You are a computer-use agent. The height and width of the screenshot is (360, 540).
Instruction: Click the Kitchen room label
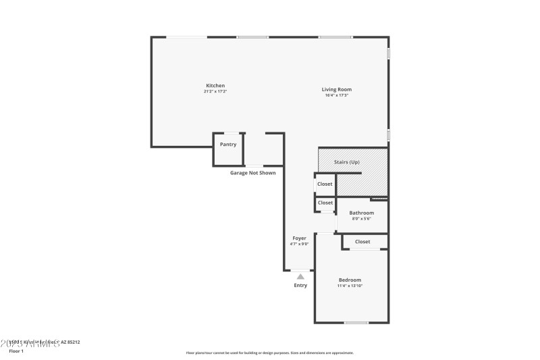(215, 86)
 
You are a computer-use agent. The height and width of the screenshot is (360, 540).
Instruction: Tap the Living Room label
(336, 89)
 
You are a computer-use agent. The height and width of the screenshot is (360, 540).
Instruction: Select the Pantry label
(228, 144)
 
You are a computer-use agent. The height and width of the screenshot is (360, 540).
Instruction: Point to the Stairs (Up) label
(347, 163)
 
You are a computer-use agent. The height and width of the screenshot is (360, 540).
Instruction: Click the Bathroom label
(361, 213)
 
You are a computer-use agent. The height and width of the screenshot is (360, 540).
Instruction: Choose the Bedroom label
(350, 280)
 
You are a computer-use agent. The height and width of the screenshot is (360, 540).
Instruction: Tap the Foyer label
(299, 238)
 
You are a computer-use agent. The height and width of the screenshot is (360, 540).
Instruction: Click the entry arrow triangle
(300, 276)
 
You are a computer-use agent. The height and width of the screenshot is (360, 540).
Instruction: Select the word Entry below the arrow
(300, 285)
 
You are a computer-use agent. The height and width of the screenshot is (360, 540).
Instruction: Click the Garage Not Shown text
(252, 173)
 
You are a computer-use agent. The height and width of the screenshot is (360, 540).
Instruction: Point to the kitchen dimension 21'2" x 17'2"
(215, 91)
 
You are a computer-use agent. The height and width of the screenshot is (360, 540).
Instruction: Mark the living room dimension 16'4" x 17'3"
(336, 95)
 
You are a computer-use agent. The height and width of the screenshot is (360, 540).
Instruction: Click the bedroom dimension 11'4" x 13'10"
(350, 286)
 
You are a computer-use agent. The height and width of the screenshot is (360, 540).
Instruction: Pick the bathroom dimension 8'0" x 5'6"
(361, 219)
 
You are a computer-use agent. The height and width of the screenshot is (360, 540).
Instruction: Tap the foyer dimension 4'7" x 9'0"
(299, 244)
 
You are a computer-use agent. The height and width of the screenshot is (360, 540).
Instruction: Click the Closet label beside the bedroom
(362, 241)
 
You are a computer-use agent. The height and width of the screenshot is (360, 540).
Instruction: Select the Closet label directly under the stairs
(325, 184)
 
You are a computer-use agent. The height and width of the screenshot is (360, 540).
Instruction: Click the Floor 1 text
(16, 351)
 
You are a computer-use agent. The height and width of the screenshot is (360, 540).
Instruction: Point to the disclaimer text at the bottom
(269, 353)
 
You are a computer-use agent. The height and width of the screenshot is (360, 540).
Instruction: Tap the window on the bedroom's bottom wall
(356, 323)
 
